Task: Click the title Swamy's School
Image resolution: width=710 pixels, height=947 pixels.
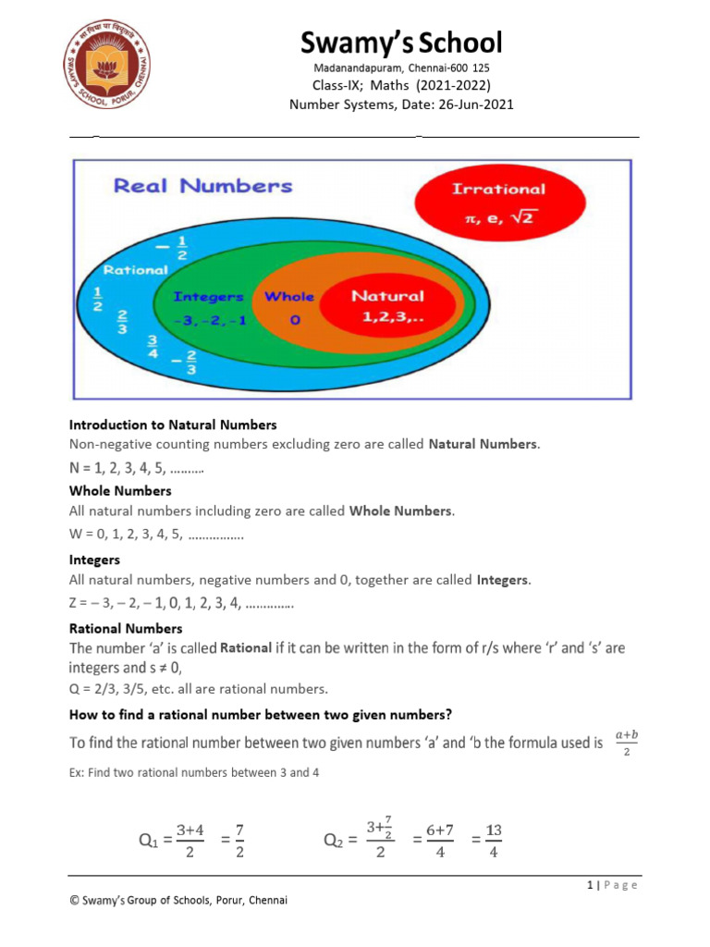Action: tap(400, 42)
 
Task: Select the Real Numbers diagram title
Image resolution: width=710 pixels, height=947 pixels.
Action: tap(202, 186)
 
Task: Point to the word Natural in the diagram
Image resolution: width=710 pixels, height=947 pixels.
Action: tap(387, 297)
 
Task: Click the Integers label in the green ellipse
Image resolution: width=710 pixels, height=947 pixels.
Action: tap(209, 297)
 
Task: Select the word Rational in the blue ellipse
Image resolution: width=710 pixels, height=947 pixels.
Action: tap(135, 270)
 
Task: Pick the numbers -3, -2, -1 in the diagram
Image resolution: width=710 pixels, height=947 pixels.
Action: tap(208, 320)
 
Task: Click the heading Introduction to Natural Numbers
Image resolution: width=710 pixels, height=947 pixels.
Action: tap(173, 425)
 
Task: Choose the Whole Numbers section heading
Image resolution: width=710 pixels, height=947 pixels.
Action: tap(120, 491)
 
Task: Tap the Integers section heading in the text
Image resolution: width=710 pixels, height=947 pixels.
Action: tap(94, 560)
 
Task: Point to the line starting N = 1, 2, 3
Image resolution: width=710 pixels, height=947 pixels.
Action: tap(137, 469)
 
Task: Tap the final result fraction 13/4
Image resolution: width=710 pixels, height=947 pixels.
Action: tap(494, 841)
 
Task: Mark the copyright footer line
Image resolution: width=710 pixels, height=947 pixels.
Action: tap(178, 901)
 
